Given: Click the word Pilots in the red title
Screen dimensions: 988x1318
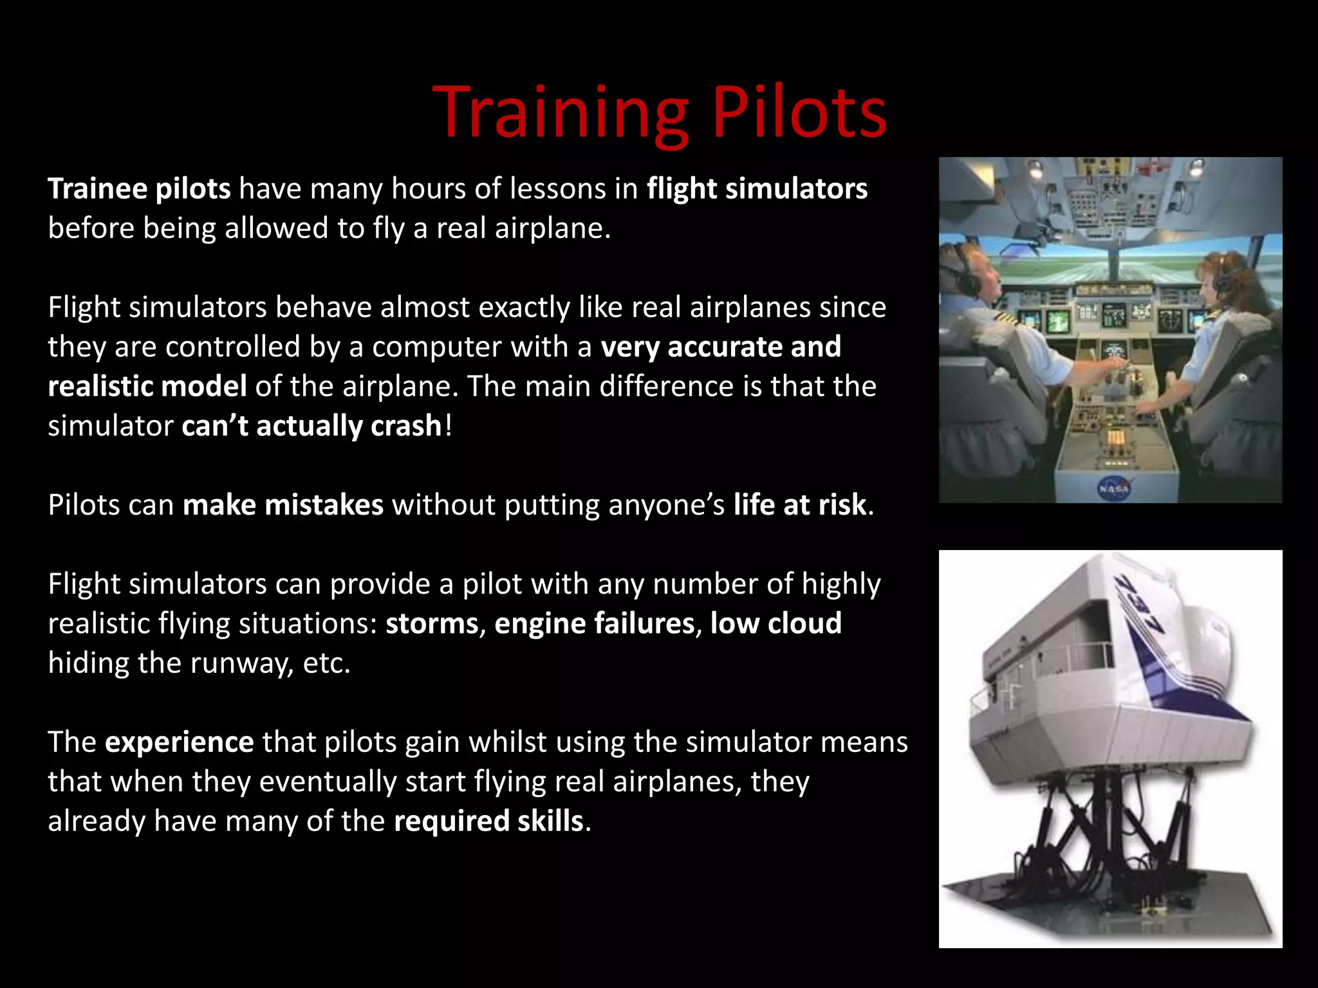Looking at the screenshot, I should [799, 114].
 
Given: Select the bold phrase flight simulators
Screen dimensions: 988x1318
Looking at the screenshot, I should [757, 189].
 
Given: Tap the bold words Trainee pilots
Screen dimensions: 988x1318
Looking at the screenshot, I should [139, 189].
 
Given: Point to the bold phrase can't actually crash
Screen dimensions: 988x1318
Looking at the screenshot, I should [311, 426].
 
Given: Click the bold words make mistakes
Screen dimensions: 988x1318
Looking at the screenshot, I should [283, 505].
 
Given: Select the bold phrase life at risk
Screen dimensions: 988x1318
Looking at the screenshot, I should [799, 505].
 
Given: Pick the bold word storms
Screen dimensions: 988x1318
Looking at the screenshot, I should [432, 624].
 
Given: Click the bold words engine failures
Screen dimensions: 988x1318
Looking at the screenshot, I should [594, 624].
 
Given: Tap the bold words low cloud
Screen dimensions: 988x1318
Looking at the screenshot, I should [775, 624].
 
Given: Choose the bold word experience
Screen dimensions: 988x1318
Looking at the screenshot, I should [179, 742].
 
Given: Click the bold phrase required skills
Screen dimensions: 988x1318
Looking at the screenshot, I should [488, 821].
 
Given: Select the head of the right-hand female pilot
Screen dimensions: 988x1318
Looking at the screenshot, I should [1220, 277].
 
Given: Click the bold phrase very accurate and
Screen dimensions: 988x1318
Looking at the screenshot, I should [720, 347].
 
